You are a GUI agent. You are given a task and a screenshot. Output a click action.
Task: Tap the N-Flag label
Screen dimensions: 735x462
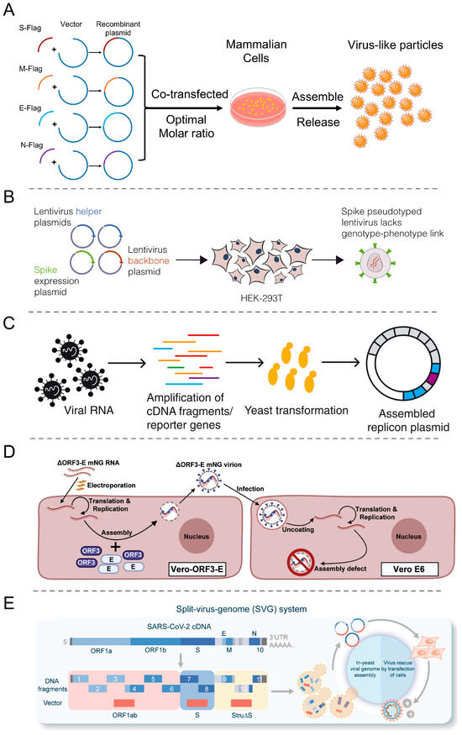(x=31, y=144)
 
